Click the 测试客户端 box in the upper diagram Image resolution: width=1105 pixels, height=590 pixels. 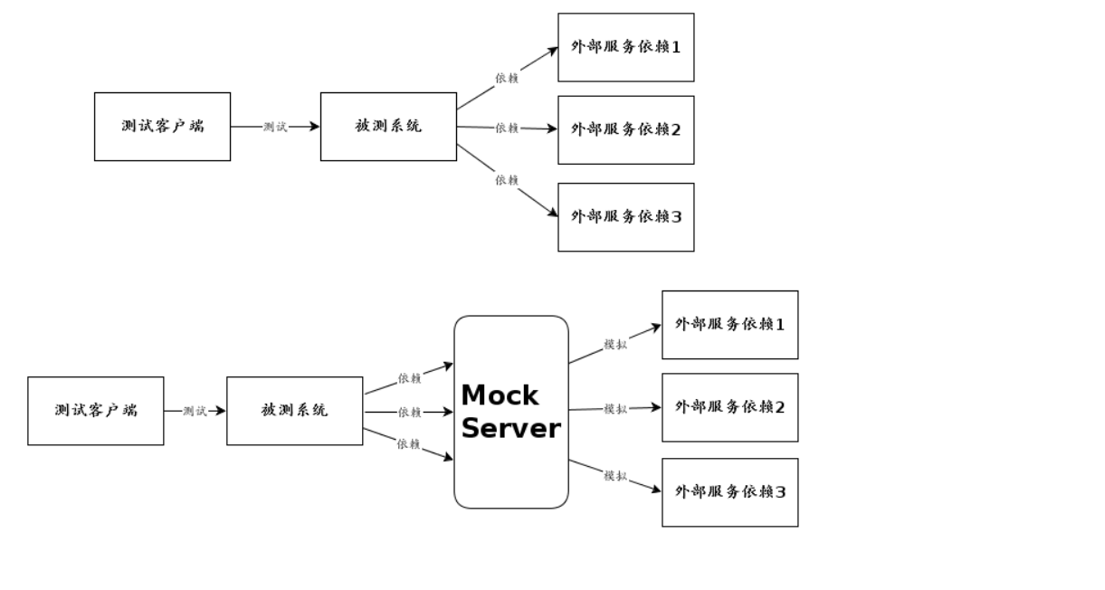[x=162, y=127]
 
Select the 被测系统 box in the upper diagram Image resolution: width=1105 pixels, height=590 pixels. [x=388, y=127]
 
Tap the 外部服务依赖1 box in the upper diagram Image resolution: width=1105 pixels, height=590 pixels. [x=625, y=47]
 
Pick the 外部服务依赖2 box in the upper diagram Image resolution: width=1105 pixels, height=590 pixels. [x=625, y=130]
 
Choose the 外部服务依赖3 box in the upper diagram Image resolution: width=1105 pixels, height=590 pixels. [x=625, y=217]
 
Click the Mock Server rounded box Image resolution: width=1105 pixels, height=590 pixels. [x=510, y=471]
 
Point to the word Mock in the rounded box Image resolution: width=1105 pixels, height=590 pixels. [x=500, y=395]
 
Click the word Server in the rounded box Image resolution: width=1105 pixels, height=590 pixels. [x=510, y=428]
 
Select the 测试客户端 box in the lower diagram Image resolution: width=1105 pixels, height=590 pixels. [x=95, y=411]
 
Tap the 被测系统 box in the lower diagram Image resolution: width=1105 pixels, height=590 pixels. [x=294, y=411]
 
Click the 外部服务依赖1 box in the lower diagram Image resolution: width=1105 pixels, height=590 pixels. [x=729, y=325]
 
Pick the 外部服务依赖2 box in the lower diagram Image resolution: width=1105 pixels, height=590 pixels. [x=729, y=407]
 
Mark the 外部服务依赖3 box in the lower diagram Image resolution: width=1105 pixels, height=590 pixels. [x=729, y=492]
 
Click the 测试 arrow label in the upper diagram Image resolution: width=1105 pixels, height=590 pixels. [x=275, y=128]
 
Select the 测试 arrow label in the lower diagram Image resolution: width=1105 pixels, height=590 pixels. [x=195, y=412]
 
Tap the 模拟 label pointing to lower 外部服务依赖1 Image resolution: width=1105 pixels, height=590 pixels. [x=615, y=345]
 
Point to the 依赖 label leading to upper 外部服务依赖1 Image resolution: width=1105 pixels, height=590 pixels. [x=507, y=79]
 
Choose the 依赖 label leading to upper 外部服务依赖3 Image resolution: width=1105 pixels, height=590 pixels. [x=507, y=181]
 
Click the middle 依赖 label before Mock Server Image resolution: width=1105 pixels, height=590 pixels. [x=409, y=413]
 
